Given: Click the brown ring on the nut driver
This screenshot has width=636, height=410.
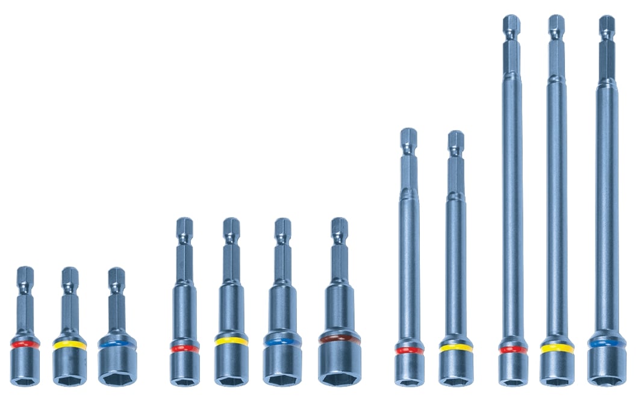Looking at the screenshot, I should pyautogui.click(x=340, y=339).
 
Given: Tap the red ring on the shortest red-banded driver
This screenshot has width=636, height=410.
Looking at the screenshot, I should pyautogui.click(x=25, y=344).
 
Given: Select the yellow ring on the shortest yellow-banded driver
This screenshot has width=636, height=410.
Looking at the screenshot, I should pyautogui.click(x=69, y=346).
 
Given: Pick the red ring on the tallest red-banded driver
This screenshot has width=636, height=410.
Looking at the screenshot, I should pyautogui.click(x=513, y=349).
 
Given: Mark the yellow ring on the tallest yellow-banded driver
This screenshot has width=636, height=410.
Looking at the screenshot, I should pyautogui.click(x=556, y=348).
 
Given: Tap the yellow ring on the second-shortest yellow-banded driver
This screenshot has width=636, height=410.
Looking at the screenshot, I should pyautogui.click(x=231, y=341).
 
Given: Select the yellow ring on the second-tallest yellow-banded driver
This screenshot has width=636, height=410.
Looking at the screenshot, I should pyautogui.click(x=455, y=348).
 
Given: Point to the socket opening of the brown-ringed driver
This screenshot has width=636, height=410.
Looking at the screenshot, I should pyautogui.click(x=340, y=379).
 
